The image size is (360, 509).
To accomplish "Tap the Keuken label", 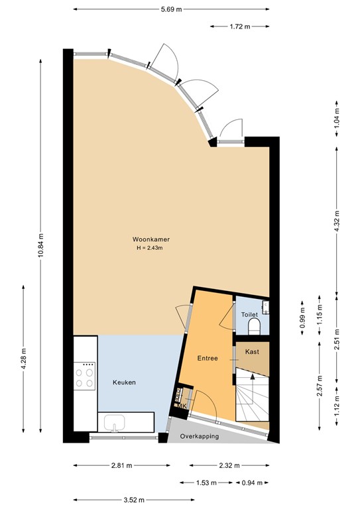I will coord(124,382).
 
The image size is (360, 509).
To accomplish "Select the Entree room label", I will coord(208,358).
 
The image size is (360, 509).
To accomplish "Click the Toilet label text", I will coord(249,315).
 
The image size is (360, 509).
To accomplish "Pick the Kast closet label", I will coord(252,351).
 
